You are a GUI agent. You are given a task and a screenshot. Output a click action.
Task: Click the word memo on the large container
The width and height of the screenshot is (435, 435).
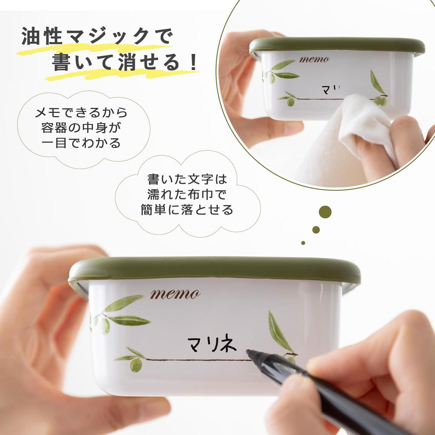(175, 294)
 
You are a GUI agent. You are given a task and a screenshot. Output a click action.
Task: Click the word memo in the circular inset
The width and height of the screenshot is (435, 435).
(314, 59)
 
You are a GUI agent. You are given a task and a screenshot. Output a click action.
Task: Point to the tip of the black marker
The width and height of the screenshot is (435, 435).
(248, 352)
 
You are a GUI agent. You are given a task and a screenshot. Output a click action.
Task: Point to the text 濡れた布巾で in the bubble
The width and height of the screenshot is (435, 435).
(187, 195)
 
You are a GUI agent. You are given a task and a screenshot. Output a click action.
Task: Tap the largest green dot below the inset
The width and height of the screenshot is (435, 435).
(325, 212)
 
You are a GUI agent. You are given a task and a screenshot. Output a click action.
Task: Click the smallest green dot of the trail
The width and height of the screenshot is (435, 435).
(303, 243)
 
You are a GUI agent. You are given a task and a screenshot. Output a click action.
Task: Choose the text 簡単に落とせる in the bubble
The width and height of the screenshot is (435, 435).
(187, 209)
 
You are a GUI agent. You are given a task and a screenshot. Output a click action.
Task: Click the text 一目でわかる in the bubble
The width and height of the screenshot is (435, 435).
(81, 142)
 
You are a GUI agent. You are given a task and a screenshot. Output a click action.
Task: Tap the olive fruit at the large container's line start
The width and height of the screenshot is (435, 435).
(136, 365)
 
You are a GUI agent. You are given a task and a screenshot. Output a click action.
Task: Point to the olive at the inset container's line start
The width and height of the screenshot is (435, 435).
(291, 102)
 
